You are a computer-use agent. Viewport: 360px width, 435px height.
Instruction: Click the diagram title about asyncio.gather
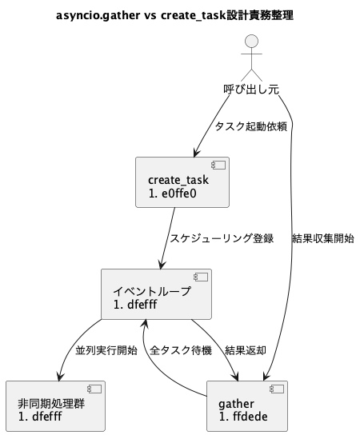174,14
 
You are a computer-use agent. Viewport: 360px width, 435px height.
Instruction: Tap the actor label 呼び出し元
250,90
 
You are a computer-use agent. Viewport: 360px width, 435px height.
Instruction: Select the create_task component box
183,185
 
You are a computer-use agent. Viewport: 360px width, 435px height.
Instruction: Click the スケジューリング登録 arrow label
222,238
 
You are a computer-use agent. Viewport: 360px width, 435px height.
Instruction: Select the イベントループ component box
156,296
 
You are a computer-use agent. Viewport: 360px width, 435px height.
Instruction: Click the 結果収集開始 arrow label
324,238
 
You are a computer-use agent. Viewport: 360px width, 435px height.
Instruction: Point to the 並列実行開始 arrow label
106,351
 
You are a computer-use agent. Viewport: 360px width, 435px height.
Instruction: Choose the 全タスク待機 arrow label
181,351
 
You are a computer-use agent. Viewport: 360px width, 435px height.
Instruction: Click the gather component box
247,408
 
